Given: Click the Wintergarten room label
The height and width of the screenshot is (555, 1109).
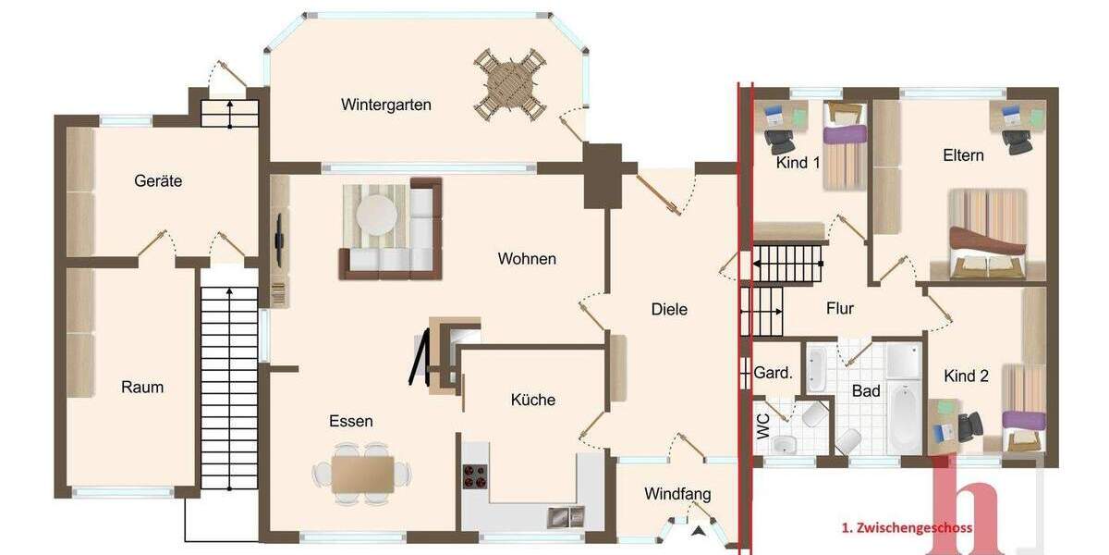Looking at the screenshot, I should coord(385,105).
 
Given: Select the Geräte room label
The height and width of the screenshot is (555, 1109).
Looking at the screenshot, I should coord(158,181).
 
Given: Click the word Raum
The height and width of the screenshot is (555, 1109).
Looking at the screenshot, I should coord(142,387).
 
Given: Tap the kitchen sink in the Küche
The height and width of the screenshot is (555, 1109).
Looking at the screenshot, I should coord(565,517).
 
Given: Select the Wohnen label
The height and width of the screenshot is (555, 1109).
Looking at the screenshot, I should coord(527,259).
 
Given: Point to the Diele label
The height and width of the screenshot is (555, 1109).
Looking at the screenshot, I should coord(669,309).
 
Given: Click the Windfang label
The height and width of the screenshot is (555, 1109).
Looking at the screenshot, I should coord(677,493).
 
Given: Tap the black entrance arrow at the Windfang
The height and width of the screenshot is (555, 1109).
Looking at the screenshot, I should coord(700,530).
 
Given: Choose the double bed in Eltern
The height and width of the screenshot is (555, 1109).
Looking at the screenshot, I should coord(988,233).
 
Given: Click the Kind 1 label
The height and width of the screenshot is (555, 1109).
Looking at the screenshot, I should coord(798,163).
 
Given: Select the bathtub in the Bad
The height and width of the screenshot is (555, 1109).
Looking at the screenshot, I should coord(904,417).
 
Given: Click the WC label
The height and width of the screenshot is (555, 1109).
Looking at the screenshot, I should coord(762,426).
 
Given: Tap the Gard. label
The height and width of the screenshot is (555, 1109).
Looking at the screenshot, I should coord(774,374).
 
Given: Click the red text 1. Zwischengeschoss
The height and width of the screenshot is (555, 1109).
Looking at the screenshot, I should coord(906,528).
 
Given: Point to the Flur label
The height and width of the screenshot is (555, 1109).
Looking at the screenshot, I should coord(840,309).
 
